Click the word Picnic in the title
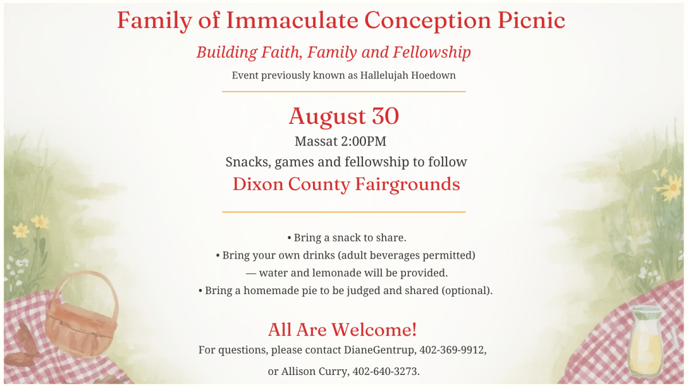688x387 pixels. point(531,21)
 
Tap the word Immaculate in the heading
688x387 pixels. point(292,20)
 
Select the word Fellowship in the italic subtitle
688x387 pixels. point(432,52)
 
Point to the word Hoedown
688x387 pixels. point(433,75)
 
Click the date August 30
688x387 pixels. point(343,116)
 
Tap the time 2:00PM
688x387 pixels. point(363,141)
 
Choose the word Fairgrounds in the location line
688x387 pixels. point(408,184)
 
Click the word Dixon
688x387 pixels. point(258,184)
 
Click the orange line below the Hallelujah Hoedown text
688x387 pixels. point(343,92)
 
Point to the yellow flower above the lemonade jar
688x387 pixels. point(670,186)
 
